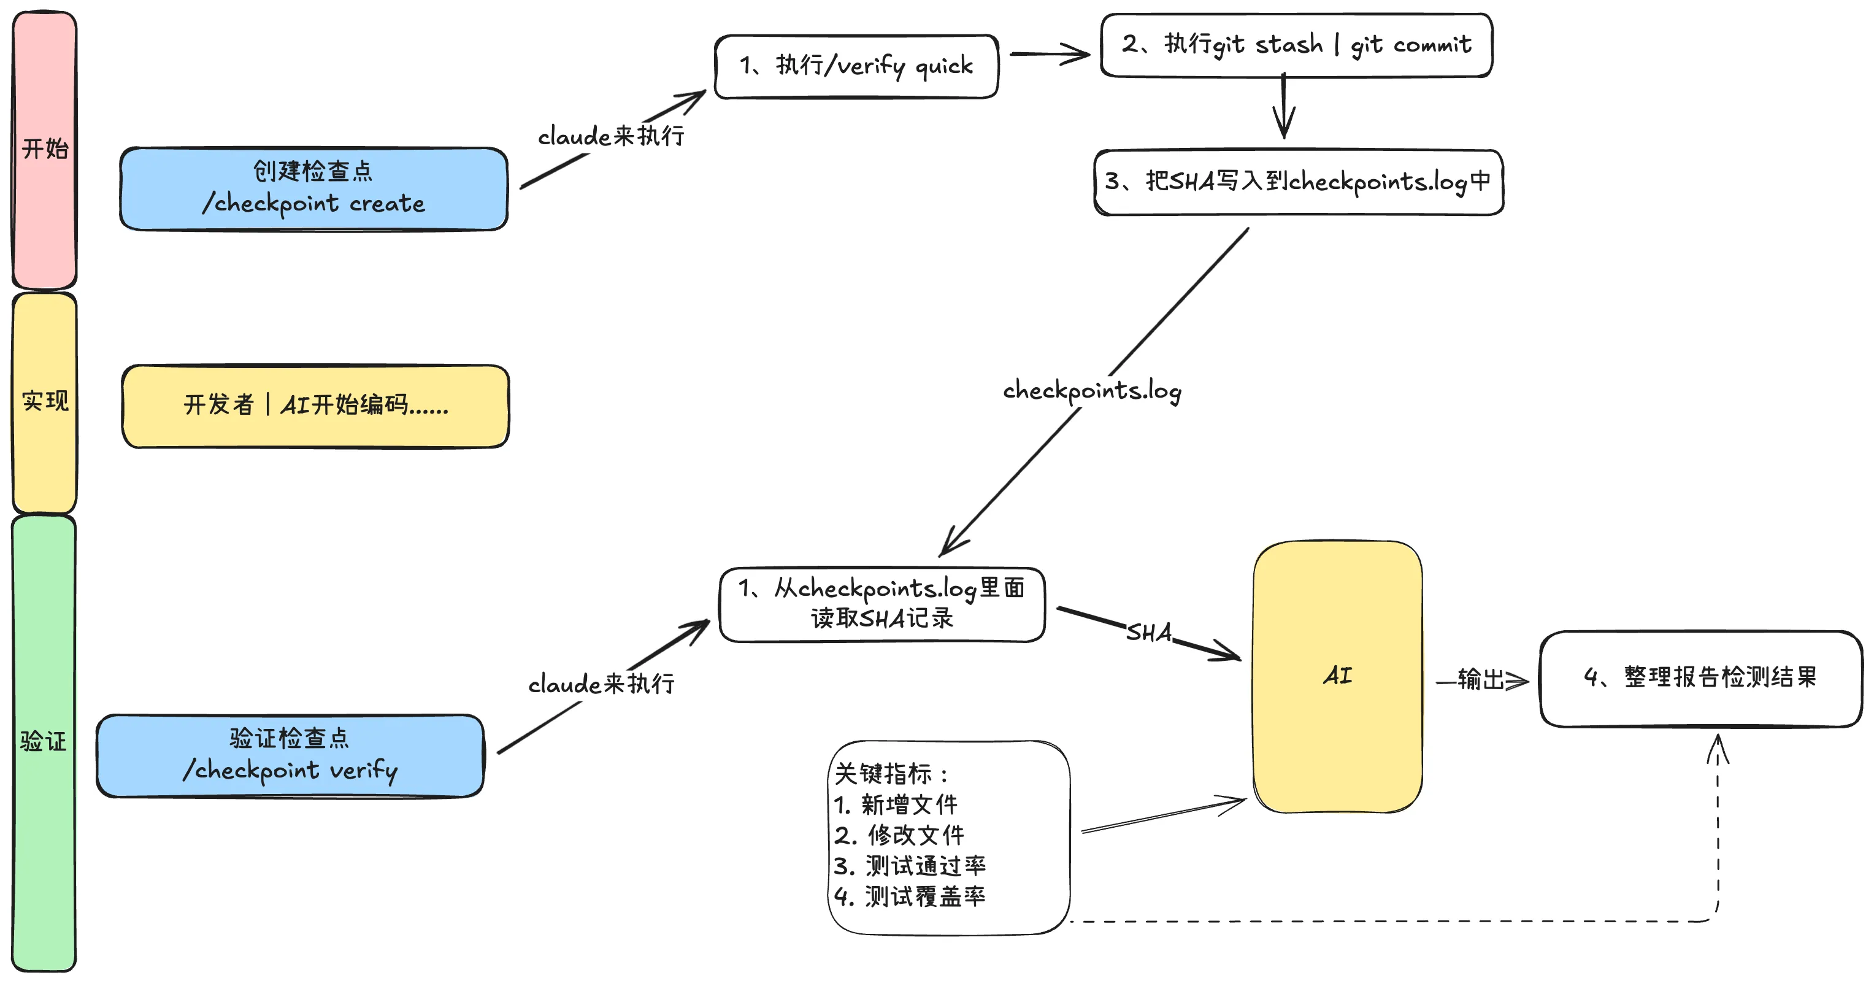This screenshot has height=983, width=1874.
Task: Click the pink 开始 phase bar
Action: coord(44,149)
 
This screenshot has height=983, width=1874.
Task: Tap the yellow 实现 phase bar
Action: coord(44,403)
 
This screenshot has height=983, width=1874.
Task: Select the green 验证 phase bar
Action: coord(44,742)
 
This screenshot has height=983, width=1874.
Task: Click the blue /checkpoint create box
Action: coord(313,188)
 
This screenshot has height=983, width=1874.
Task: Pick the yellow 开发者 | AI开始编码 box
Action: coord(315,405)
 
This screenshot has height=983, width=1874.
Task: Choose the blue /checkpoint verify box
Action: coord(290,755)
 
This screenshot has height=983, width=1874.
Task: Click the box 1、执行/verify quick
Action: coord(856,66)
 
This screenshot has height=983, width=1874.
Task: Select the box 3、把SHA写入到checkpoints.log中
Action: coord(1298,182)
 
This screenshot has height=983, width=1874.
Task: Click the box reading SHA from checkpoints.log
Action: coord(881,604)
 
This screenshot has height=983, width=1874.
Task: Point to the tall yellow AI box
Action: coord(1337,676)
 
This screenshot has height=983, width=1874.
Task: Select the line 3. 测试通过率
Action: coord(909,866)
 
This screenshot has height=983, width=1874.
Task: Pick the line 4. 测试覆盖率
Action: coord(909,896)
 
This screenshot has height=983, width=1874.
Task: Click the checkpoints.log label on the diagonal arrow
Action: coord(1092,391)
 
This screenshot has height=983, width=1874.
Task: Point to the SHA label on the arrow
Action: coord(1149,632)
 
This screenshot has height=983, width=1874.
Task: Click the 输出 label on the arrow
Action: coord(1480,680)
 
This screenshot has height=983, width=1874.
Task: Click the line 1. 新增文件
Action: coord(896,804)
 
